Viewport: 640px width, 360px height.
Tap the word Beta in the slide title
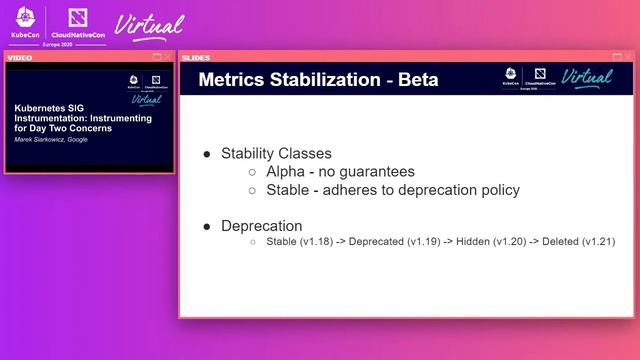pyautogui.click(x=411, y=79)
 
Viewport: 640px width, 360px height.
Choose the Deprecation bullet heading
pyautogui.click(x=261, y=226)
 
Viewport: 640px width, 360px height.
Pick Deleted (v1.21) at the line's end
pyautogui.click(x=578, y=242)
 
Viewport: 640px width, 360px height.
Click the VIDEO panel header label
pyautogui.click(x=20, y=57)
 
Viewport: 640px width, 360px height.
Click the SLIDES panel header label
pyautogui.click(x=196, y=57)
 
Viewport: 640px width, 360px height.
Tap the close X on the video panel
pyautogui.click(x=168, y=57)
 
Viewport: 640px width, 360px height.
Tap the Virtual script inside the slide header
pyautogui.click(x=586, y=77)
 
